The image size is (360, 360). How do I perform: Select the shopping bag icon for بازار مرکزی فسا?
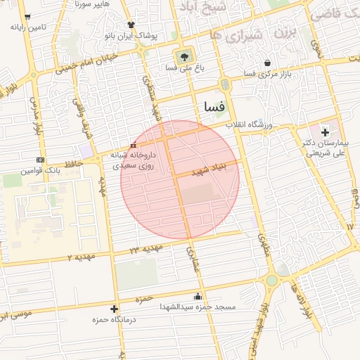click(x=267, y=63)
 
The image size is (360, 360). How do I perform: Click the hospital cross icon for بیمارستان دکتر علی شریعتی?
click(x=325, y=132)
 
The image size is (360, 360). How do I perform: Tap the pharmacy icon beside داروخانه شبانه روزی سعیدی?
click(x=134, y=146)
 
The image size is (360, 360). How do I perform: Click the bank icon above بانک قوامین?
click(x=41, y=160)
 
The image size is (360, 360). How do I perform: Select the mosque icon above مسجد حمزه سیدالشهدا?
click(x=197, y=296)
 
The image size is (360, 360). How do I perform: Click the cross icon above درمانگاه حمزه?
click(x=114, y=309)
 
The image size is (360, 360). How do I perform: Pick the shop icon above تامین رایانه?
click(x=27, y=17)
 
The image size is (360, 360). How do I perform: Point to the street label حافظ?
click(x=74, y=163)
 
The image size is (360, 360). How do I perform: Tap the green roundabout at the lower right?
click(x=271, y=281)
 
